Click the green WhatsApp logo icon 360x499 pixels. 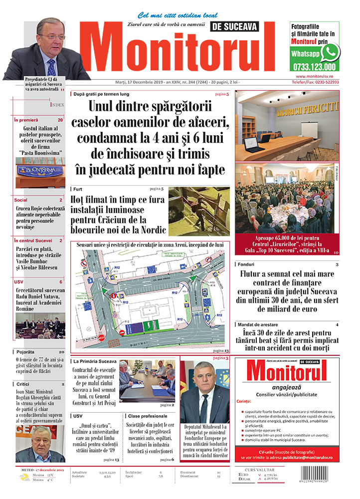330,52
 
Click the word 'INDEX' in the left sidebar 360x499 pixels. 57,105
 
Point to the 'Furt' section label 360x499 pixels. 78,190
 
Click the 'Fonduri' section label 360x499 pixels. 246,264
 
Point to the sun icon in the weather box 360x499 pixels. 24,478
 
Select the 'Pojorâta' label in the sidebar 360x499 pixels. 25,352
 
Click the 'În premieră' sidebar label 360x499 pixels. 26,120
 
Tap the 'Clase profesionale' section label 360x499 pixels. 148,416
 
